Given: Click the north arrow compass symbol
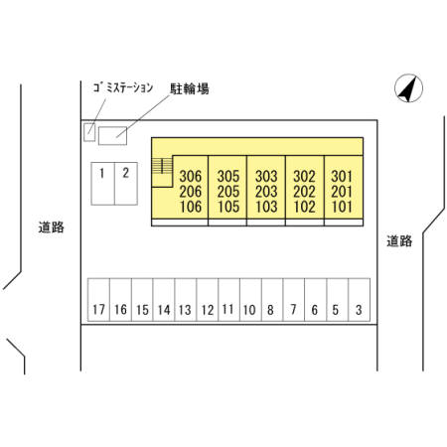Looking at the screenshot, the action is coord(408,88).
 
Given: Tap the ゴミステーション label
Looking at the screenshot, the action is coord(123,87).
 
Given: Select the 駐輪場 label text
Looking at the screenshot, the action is coord(190,88).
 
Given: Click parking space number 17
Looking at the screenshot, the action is coord(98,300).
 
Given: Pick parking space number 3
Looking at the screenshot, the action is coord(359,300).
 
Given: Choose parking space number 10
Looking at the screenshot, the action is coord(250,300).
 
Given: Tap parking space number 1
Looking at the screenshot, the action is coord(103,184).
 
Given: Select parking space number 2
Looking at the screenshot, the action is coord(126,184).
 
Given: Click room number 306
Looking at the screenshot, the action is coord(191,176).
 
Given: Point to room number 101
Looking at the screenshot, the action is coord(342,207).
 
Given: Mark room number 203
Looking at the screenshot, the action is coord(266,192).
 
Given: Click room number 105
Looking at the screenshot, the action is coord(228,207).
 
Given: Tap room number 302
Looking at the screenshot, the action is coord(304,176).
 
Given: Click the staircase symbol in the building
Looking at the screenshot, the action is coord(162,166).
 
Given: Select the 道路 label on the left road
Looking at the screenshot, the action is coord(51,227).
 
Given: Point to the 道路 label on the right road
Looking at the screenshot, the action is coord(399,240).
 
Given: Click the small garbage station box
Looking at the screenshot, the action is coord(89,132).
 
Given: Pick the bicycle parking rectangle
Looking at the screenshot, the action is coord(112,136).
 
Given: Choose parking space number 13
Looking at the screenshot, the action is coord(186,300).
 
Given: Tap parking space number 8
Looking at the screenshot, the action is coord(272,300).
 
